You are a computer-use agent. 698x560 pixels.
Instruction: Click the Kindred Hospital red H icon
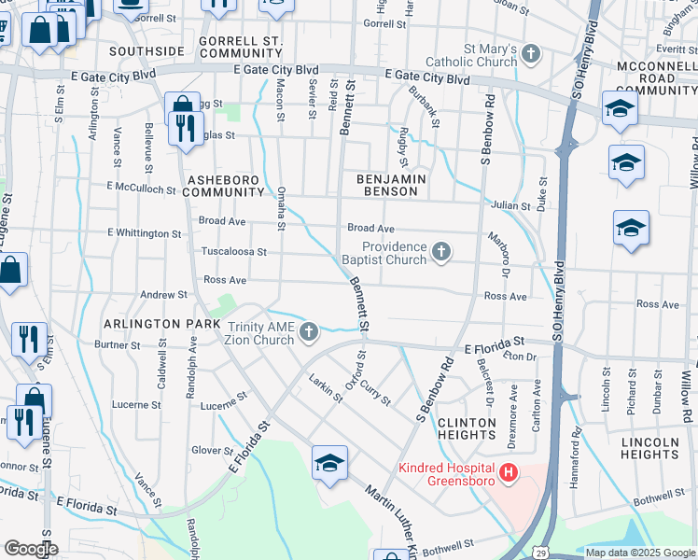pyautogui.click(x=508, y=474)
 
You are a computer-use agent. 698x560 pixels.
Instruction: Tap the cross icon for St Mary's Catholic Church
pyautogui.click(x=531, y=54)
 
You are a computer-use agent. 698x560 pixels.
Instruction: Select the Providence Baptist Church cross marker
pyautogui.click(x=441, y=252)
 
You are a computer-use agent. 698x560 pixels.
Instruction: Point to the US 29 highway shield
pyautogui.click(x=540, y=553)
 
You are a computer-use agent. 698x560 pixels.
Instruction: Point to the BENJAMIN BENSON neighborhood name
pyautogui.click(x=391, y=184)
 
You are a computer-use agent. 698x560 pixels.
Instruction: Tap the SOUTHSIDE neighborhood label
pyautogui.click(x=147, y=50)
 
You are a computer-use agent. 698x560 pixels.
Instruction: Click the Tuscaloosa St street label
pyautogui.click(x=234, y=252)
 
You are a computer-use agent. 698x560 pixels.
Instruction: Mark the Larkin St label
pyautogui.click(x=327, y=387)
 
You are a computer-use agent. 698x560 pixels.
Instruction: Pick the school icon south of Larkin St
pyautogui.click(x=329, y=464)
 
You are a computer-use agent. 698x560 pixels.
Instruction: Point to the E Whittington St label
pyautogui.click(x=144, y=232)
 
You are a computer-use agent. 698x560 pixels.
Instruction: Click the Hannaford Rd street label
pyautogui.click(x=577, y=458)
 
